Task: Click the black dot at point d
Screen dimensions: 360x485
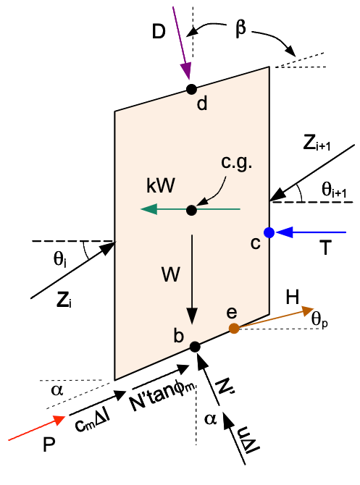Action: (192, 89)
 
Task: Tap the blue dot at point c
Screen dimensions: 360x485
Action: (269, 232)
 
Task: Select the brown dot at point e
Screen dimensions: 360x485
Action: (234, 328)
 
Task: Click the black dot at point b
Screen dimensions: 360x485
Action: (195, 347)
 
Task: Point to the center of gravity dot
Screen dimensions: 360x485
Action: (192, 211)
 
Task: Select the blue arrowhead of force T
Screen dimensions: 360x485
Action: (284, 232)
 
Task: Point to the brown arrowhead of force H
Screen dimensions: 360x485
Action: (307, 311)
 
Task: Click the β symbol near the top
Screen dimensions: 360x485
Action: (240, 29)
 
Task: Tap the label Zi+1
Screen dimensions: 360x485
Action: (317, 143)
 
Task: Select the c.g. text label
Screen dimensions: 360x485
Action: (236, 163)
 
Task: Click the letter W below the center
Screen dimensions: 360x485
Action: (170, 274)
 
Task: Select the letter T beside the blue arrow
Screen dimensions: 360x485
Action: (325, 248)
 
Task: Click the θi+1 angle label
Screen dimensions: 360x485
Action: (334, 190)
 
